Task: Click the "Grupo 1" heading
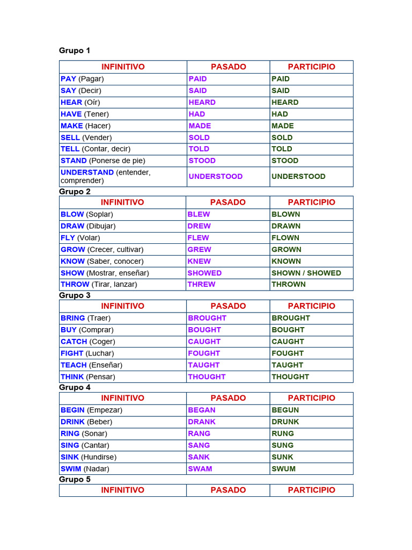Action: (75, 50)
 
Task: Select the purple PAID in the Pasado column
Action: (197, 79)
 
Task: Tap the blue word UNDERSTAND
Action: (87, 172)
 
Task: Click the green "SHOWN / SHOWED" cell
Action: (306, 273)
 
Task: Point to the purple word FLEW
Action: (198, 237)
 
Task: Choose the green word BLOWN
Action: (285, 214)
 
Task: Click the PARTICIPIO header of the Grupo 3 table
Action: (311, 306)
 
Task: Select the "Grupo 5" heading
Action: (75, 480)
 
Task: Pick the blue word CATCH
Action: (73, 342)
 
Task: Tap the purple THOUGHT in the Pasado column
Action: (207, 377)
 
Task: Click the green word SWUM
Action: (283, 469)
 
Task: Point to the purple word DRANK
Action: (202, 422)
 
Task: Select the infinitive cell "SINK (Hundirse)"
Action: (89, 457)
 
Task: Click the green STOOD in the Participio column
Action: (285, 161)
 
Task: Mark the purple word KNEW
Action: (199, 261)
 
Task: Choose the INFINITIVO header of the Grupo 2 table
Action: (122, 202)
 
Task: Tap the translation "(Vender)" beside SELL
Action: (97, 137)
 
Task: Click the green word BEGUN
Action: (285, 410)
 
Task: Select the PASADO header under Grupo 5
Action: (228, 490)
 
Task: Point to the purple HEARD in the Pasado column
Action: (202, 103)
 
